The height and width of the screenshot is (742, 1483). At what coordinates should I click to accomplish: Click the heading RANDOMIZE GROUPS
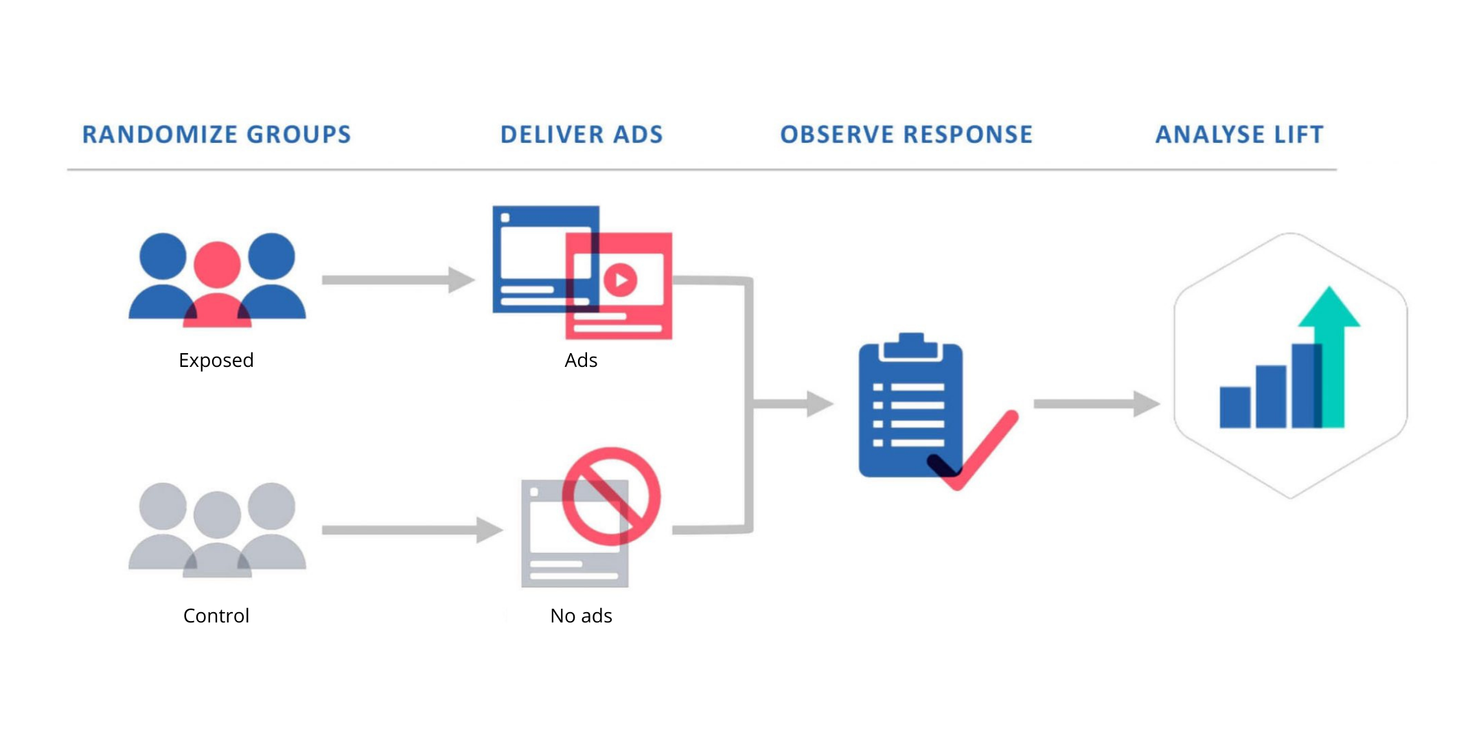pyautogui.click(x=216, y=135)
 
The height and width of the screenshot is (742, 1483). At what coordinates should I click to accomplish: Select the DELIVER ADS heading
pyautogui.click(x=582, y=135)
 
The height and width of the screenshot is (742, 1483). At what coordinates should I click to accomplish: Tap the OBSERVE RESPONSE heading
pyautogui.click(x=906, y=135)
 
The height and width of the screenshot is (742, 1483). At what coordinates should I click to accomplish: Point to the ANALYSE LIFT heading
pyautogui.click(x=1239, y=135)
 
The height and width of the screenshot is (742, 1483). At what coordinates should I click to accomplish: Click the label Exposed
pyautogui.click(x=216, y=361)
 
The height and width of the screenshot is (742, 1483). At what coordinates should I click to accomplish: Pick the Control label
pyautogui.click(x=216, y=616)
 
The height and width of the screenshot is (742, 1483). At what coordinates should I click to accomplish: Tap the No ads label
pyautogui.click(x=581, y=616)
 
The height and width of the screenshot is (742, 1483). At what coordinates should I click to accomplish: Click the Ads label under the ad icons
pyautogui.click(x=581, y=360)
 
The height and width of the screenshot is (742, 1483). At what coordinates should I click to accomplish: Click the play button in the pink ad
pyautogui.click(x=621, y=280)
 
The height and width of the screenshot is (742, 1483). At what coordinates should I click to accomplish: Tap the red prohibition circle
pyautogui.click(x=611, y=497)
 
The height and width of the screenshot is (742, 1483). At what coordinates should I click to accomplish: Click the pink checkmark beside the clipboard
pyautogui.click(x=975, y=450)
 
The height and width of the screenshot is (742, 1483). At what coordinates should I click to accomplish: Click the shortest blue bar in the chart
pyautogui.click(x=1234, y=407)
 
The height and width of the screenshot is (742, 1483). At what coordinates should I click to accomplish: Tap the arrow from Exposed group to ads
pyautogui.click(x=398, y=280)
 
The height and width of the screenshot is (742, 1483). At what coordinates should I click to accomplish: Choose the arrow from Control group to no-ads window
pyautogui.click(x=412, y=530)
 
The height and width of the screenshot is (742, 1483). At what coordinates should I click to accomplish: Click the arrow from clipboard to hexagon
pyautogui.click(x=1096, y=404)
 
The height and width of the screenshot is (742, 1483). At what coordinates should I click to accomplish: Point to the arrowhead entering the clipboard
pyautogui.click(x=820, y=404)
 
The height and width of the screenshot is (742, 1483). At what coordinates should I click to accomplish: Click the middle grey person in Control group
pyautogui.click(x=217, y=536)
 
